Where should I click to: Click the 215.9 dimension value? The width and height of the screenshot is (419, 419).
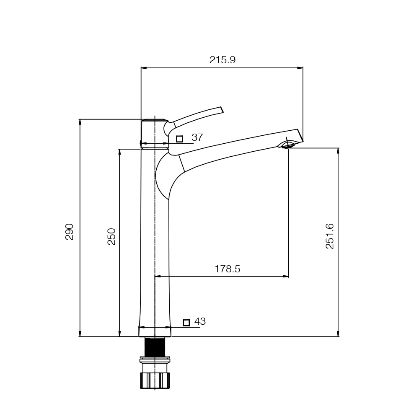[x=222, y=60]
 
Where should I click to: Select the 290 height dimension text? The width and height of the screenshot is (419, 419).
[x=70, y=232]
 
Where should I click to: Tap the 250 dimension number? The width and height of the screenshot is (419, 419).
[x=111, y=236]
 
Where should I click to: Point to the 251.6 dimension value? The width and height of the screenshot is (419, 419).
[x=330, y=236]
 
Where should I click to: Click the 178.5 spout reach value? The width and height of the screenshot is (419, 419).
[x=228, y=269]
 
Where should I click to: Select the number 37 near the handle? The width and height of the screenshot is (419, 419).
[x=197, y=137]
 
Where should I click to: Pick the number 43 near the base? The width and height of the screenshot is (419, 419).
[x=200, y=321]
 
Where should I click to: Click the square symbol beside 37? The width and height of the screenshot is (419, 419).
[x=180, y=139]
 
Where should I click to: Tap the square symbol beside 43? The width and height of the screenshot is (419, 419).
[x=186, y=323]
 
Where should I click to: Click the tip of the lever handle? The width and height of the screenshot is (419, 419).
[x=222, y=110]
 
